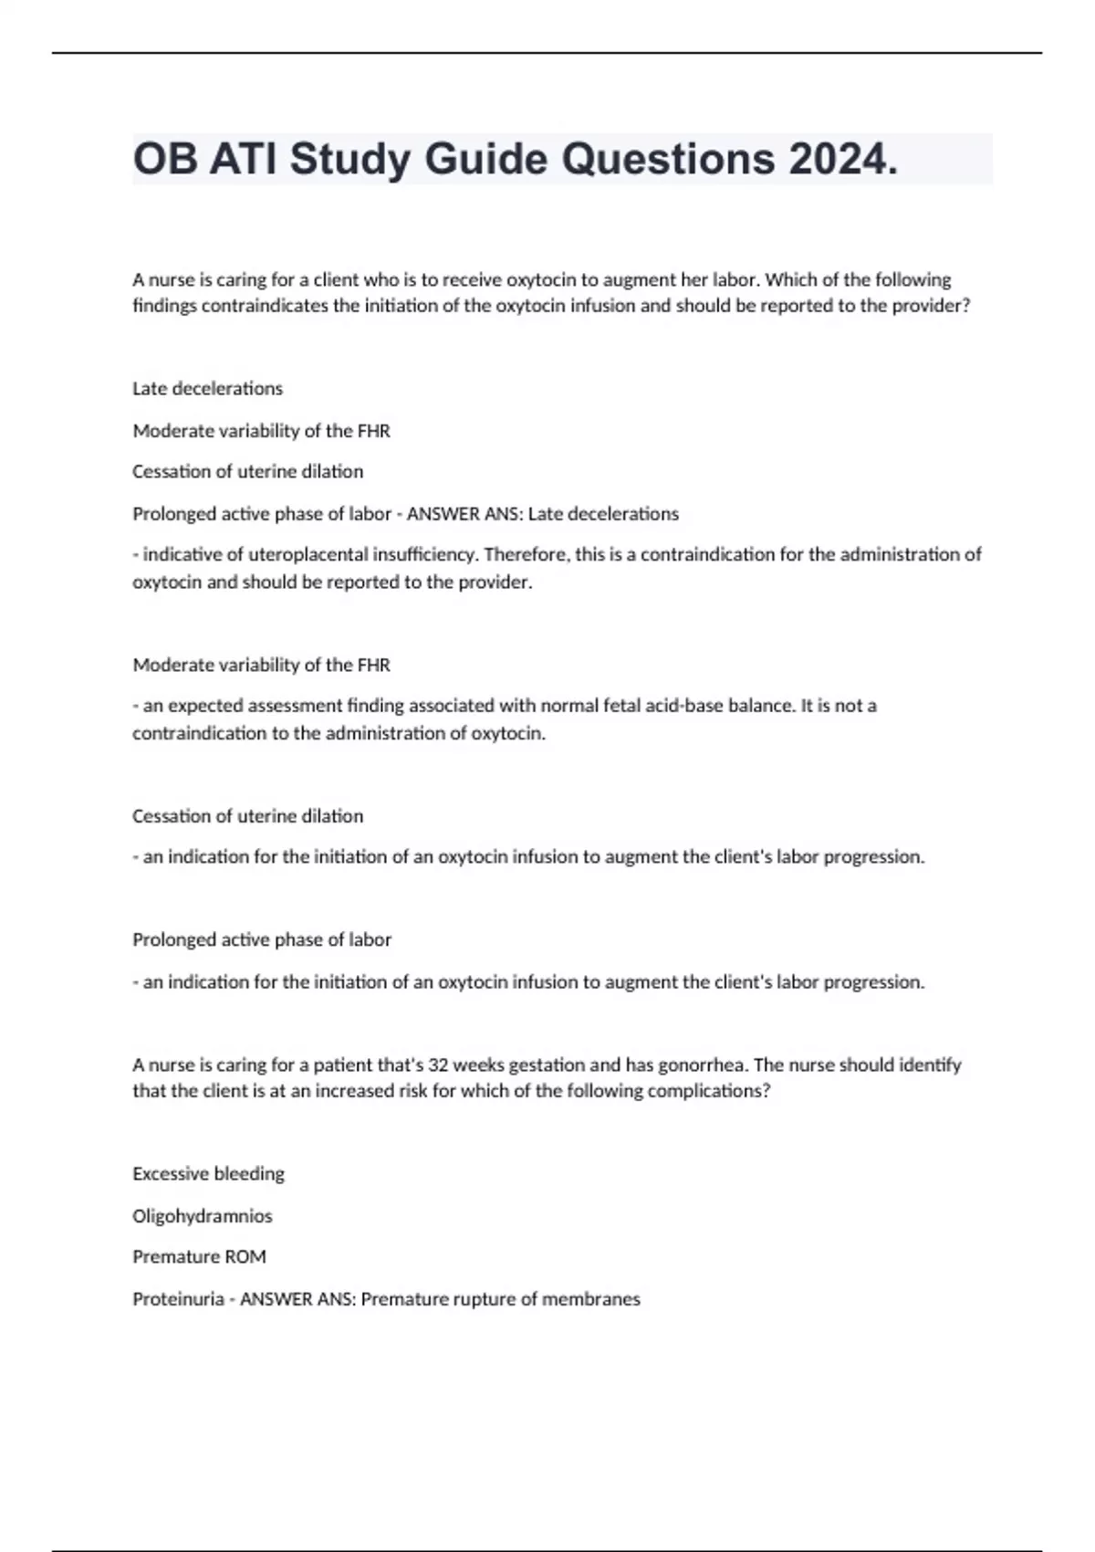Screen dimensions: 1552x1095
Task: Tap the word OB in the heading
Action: tap(163, 160)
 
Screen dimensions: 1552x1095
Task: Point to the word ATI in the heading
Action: tap(241, 160)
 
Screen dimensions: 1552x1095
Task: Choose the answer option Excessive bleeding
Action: tap(208, 1174)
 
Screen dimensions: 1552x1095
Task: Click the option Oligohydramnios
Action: tap(202, 1216)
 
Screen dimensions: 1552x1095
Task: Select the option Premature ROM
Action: tap(199, 1257)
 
